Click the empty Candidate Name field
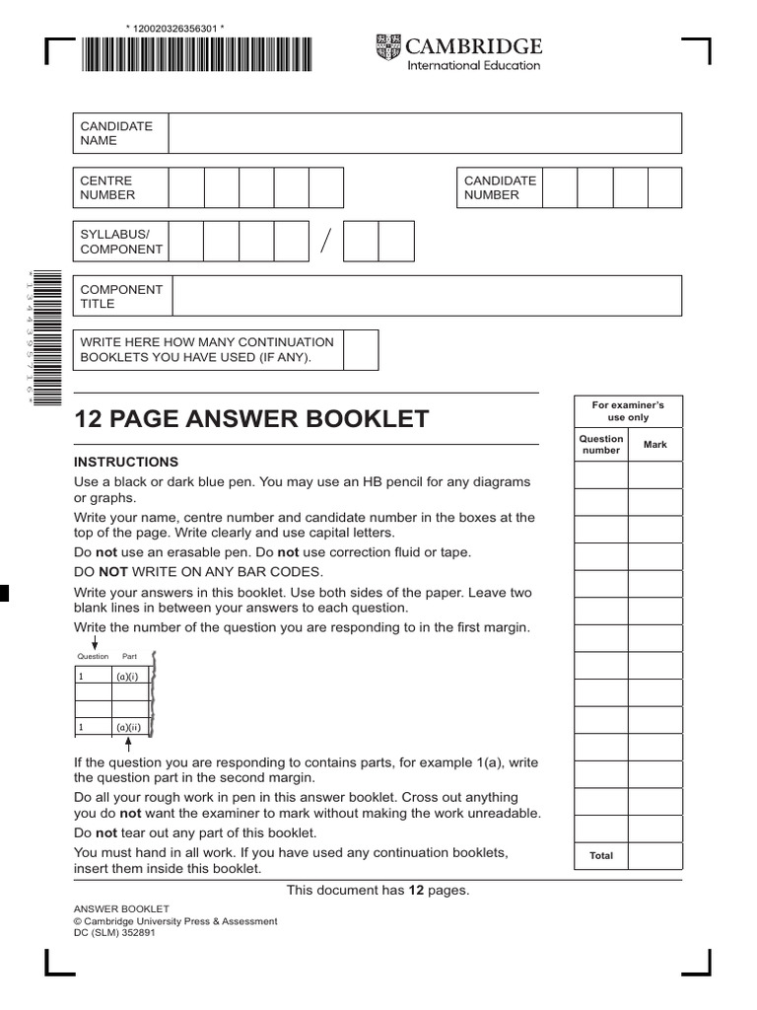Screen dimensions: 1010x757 [x=424, y=133]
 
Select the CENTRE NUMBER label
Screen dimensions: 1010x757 [x=106, y=187]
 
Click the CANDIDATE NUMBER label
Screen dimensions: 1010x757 [x=500, y=187]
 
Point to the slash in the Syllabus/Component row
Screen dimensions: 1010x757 [x=325, y=241]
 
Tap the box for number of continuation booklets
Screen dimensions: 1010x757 [x=361, y=349]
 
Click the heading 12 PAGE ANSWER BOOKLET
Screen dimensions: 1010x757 [x=251, y=419]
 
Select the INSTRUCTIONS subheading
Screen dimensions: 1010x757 [x=126, y=462]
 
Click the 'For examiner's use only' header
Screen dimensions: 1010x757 [x=628, y=411]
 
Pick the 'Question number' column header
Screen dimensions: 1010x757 [x=601, y=445]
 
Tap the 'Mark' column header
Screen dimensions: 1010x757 [x=655, y=445]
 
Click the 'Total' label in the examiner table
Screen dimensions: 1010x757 [x=601, y=856]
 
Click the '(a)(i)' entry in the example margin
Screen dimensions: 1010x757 [x=128, y=677]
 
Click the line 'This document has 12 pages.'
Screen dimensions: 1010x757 [x=378, y=891]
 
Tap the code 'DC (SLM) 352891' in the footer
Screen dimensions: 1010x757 [x=114, y=933]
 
